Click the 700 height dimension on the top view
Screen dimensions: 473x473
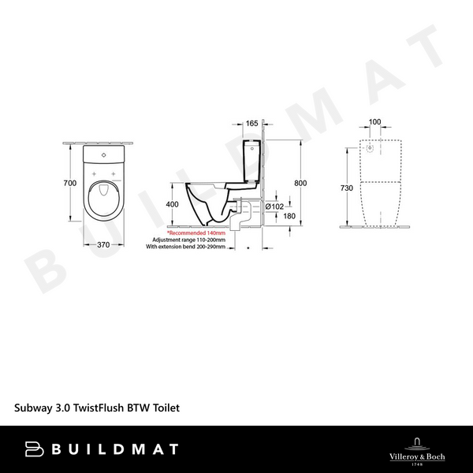click(x=69, y=183)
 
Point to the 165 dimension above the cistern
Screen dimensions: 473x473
click(x=251, y=124)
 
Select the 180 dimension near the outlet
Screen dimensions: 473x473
click(x=290, y=217)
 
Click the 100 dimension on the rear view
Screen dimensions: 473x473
click(x=374, y=122)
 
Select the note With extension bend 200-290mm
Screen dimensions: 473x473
click(x=186, y=247)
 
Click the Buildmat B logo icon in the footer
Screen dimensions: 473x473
click(x=34, y=449)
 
